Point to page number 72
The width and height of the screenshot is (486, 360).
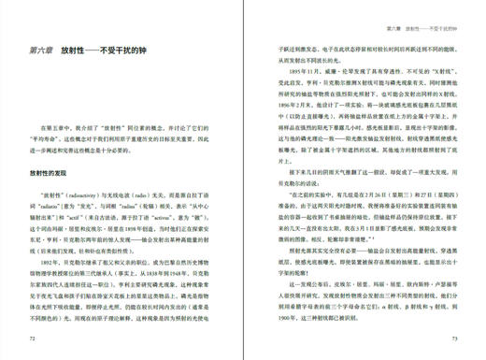coord(34,338)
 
